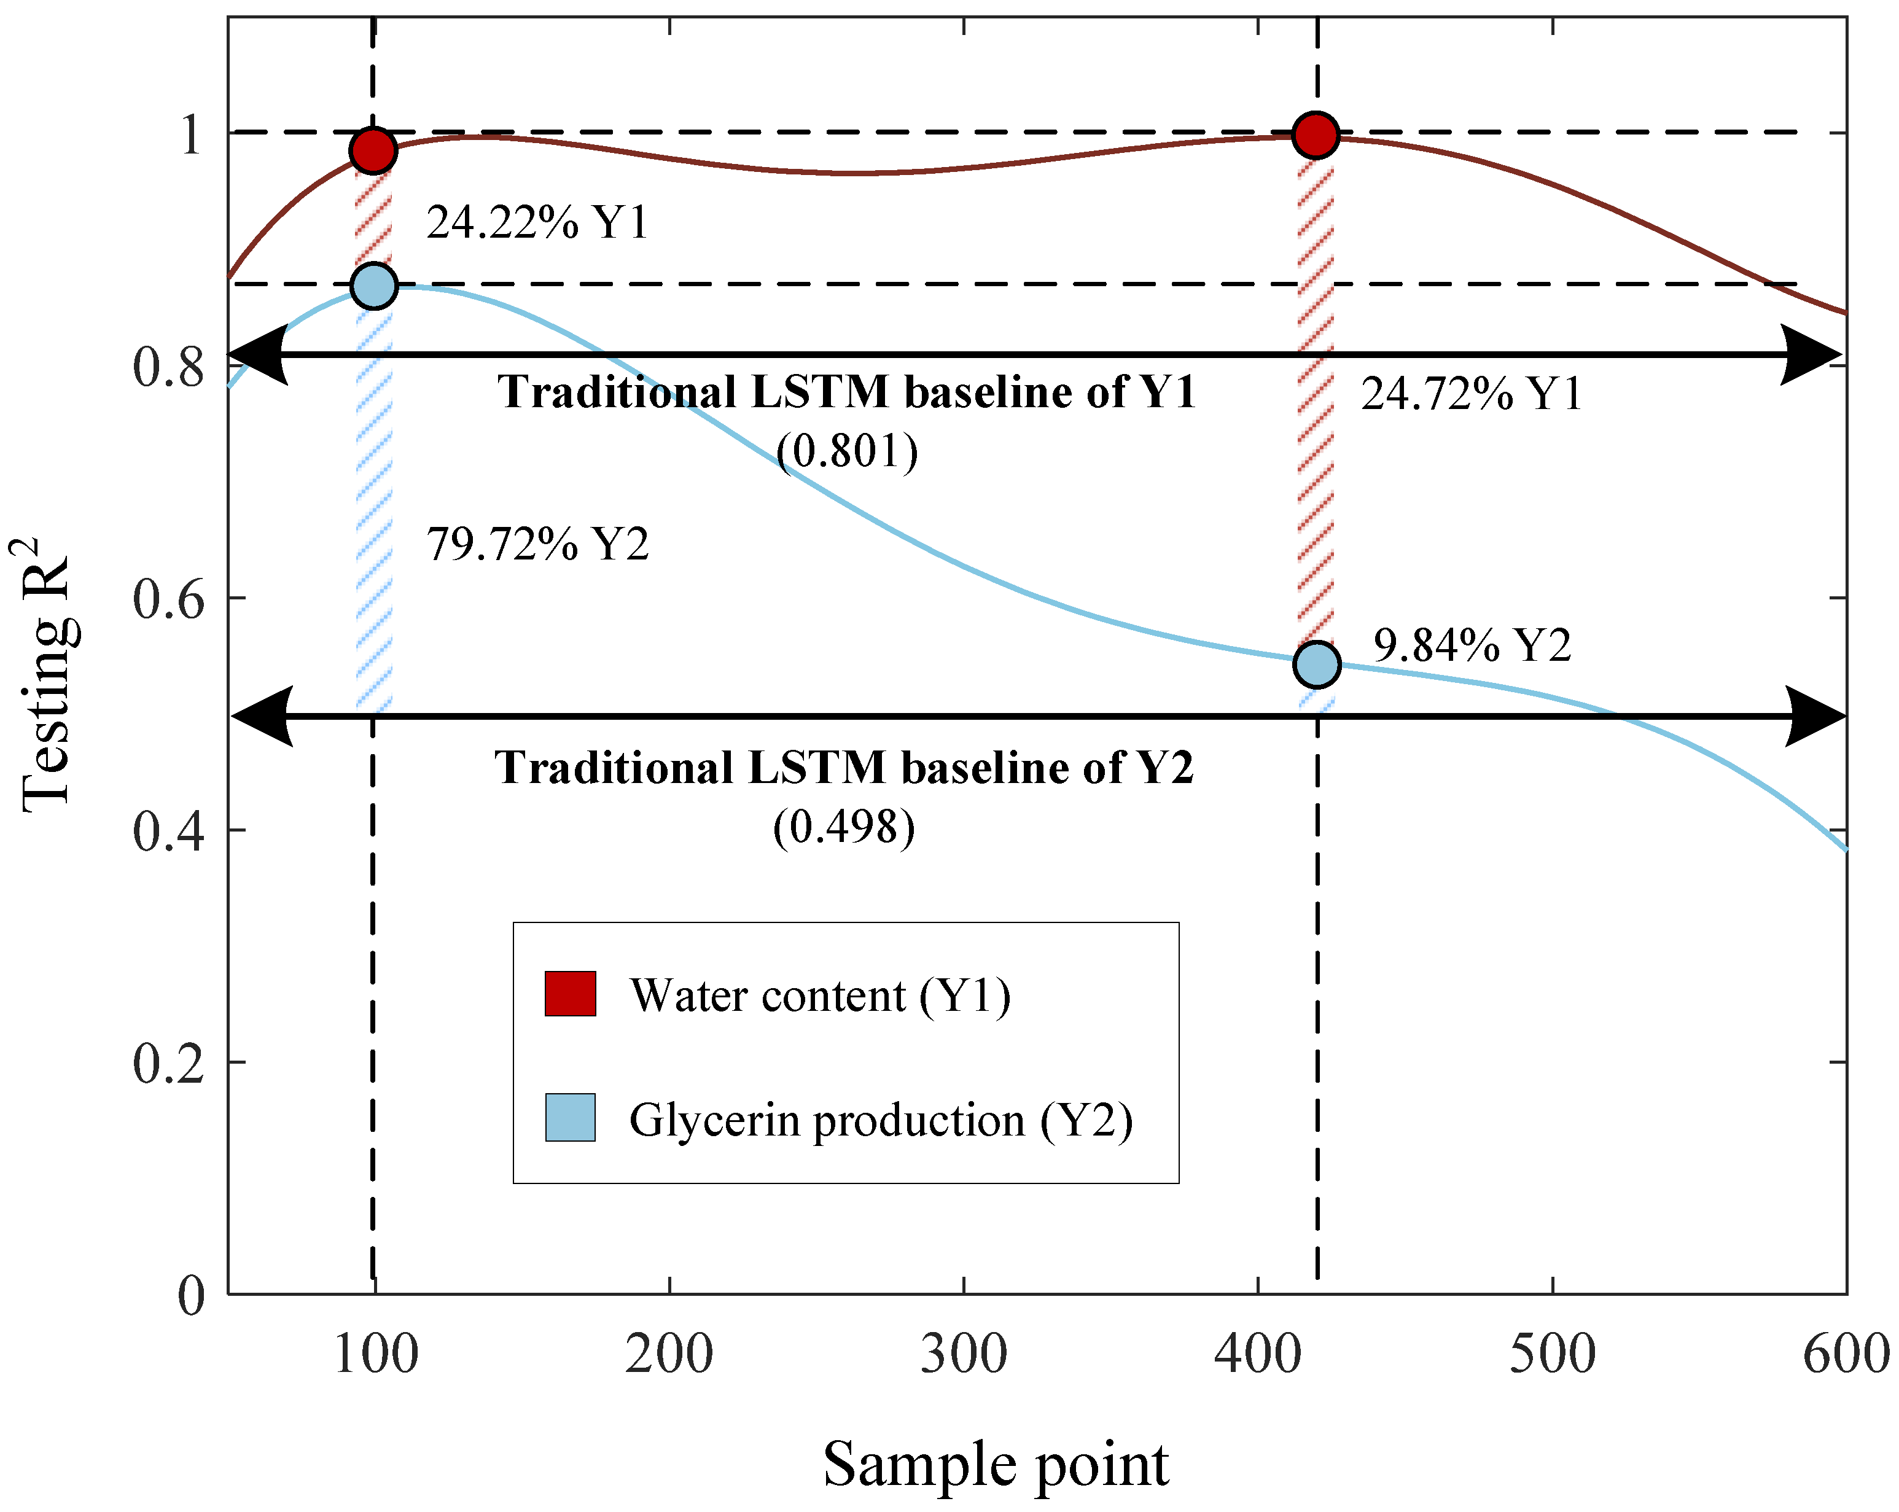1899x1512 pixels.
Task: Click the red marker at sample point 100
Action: [x=373, y=150]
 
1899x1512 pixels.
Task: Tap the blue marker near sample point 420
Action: [x=1317, y=664]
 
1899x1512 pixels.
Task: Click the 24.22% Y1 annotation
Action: [x=537, y=222]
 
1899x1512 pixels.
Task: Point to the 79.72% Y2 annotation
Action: [x=537, y=544]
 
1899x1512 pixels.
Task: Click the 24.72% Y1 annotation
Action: [x=1472, y=394]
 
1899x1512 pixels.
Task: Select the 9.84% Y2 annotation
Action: [x=1472, y=645]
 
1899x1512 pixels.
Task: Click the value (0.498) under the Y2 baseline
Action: [x=844, y=827]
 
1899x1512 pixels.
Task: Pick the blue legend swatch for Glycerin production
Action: [x=570, y=1118]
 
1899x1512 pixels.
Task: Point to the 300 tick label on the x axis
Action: [x=964, y=1354]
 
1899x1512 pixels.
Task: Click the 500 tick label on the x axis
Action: [x=1552, y=1354]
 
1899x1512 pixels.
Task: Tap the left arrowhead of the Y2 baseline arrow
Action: [x=262, y=716]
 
